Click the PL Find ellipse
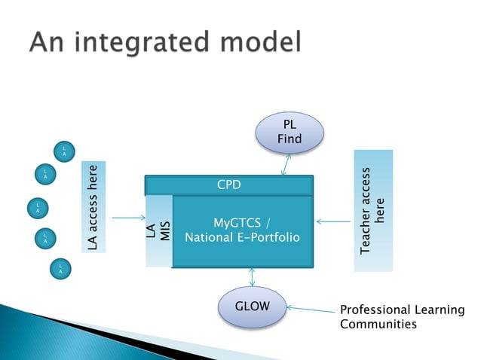(290, 132)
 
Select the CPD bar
(229, 185)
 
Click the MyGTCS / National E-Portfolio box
(243, 230)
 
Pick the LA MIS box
(158, 231)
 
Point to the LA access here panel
(93, 206)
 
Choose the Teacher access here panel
(373, 210)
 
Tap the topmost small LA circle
(65, 150)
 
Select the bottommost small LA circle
(60, 267)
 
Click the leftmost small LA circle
(36, 207)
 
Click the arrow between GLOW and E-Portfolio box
(252, 277)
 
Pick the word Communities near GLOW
(378, 325)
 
